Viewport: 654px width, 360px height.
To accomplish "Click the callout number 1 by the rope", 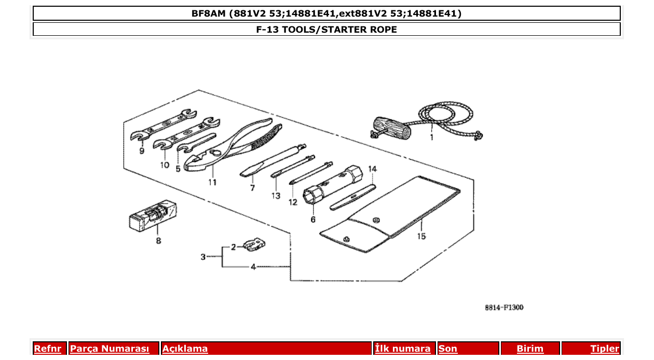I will pos(431,138).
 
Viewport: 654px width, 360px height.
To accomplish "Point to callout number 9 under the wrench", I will pos(142,151).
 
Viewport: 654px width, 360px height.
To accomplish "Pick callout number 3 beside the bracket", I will pos(203,257).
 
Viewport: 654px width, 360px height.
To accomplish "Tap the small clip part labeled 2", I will pos(255,244).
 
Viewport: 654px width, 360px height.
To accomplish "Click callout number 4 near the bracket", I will pos(253,267).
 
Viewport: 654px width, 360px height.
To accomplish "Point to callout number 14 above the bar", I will pos(372,169).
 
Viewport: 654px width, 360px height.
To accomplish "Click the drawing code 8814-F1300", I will pos(504,307).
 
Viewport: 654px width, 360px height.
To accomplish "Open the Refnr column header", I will pos(47,349).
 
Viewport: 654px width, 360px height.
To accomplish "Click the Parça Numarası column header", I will pos(110,349).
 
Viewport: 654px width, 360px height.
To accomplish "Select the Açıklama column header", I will pos(185,349).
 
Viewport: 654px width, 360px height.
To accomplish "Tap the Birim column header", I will pos(530,349).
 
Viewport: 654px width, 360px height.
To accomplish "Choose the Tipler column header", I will pos(605,349).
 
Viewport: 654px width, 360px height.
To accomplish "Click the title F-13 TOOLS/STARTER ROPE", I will pos(326,30).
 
